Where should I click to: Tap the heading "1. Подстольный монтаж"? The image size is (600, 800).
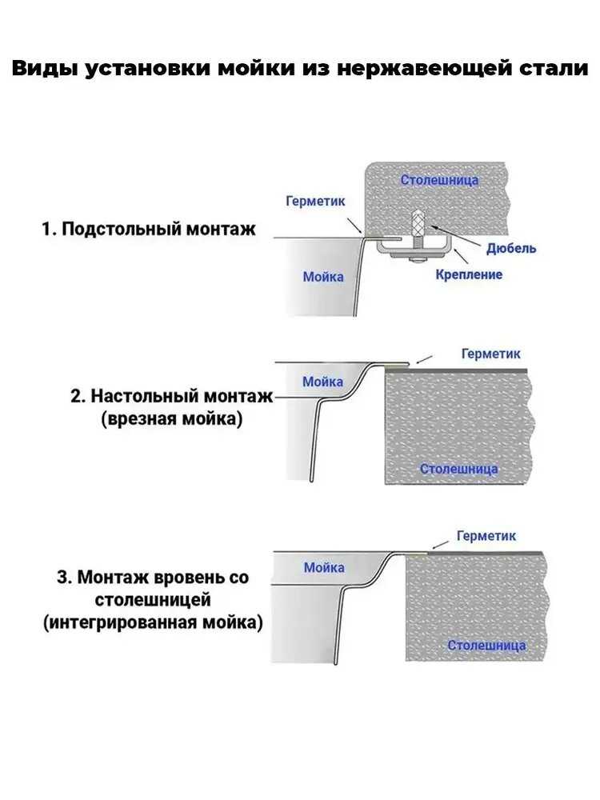click(x=149, y=229)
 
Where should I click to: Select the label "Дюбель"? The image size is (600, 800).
click(x=511, y=249)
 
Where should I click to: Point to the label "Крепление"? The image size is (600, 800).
click(x=469, y=274)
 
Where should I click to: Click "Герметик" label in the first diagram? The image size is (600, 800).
click(x=315, y=201)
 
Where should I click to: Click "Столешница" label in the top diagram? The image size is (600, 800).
click(x=439, y=179)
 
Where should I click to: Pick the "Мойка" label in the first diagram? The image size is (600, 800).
click(x=323, y=277)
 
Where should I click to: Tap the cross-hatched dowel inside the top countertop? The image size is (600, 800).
click(x=417, y=221)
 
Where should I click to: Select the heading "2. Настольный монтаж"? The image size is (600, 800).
click(x=172, y=397)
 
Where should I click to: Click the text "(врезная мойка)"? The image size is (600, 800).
click(x=171, y=419)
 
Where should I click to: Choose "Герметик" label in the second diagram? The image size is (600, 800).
click(x=491, y=354)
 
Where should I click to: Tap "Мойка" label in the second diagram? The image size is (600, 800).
click(x=322, y=382)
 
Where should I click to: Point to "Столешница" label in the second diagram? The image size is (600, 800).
click(x=458, y=469)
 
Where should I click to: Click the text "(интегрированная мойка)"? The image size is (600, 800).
click(x=153, y=623)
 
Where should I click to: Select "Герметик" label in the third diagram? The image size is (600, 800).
click(x=486, y=536)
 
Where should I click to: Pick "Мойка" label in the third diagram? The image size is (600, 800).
click(x=324, y=567)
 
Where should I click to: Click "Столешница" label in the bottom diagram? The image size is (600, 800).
click(x=486, y=646)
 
